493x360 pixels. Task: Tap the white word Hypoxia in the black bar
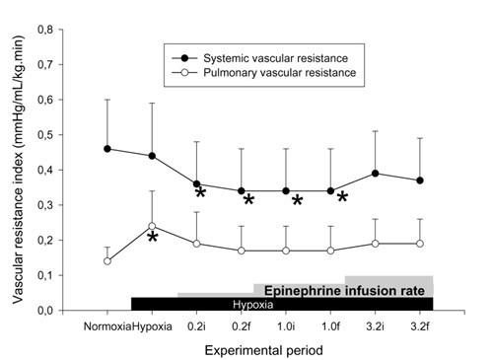pyautogui.click(x=253, y=304)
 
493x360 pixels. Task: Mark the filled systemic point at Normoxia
pyautogui.click(x=107, y=149)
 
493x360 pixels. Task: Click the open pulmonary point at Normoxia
pyautogui.click(x=107, y=261)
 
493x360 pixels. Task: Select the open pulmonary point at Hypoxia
pyautogui.click(x=152, y=226)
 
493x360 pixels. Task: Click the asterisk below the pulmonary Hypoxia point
pyautogui.click(x=153, y=239)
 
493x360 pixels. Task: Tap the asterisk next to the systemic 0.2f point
pyautogui.click(x=248, y=201)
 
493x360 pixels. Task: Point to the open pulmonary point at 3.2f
pyautogui.click(x=421, y=244)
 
